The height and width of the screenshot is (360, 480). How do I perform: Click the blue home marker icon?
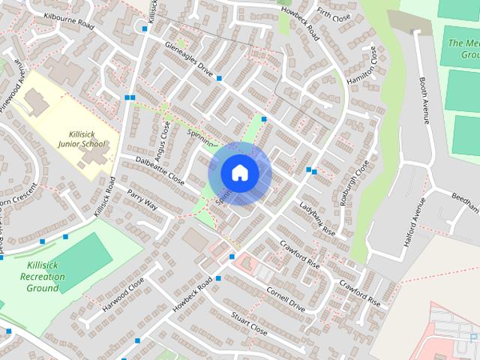tap(239, 173)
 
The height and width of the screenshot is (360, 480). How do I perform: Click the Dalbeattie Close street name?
tap(160, 169)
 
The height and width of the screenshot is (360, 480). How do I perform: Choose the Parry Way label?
tap(142, 199)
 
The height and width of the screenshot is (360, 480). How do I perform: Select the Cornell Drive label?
tap(286, 298)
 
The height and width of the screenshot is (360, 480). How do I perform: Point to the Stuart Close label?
tap(249, 323)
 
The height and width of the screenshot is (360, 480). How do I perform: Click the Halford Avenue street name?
tap(414, 217)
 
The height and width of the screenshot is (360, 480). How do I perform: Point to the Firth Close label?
tap(334, 16)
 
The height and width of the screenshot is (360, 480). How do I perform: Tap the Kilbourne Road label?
tap(68, 19)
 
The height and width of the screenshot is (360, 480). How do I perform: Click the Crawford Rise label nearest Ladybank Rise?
tap(299, 255)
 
